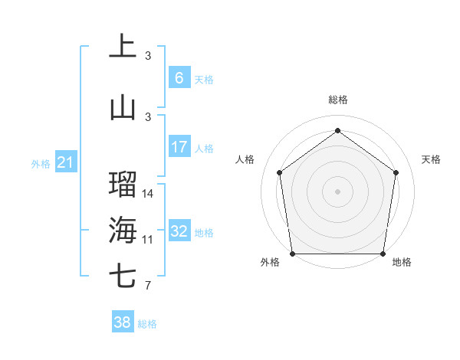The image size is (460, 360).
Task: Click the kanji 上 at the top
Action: pos(122,45)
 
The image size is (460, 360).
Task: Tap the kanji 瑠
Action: pos(122,184)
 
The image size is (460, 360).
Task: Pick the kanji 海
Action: pos(122,229)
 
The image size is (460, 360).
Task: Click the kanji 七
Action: pos(122,275)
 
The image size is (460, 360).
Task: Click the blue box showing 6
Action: pos(179,78)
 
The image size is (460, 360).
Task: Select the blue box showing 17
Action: pos(179,147)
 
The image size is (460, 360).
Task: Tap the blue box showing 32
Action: pos(179,231)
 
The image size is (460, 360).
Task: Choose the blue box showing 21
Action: pos(65,162)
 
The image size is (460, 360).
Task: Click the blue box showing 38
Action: pos(122,322)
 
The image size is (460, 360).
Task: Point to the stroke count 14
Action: pos(148,194)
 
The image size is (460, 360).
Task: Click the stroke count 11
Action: pos(148,240)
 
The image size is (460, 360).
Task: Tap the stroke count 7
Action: pos(148,286)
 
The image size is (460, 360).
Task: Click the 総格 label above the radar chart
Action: pos(337,100)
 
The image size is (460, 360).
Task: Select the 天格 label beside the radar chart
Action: pos(431,159)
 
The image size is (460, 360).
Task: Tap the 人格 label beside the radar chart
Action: pos(245,159)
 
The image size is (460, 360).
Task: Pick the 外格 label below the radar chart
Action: pos(270,263)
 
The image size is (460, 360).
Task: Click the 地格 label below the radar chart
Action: pos(402,263)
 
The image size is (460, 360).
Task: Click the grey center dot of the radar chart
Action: pos(337,191)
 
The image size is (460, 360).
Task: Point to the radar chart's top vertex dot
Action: pos(337,130)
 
